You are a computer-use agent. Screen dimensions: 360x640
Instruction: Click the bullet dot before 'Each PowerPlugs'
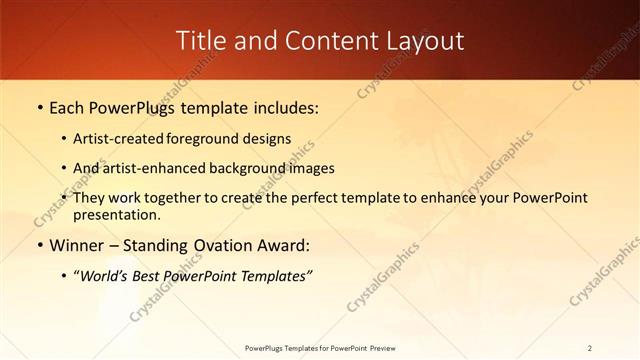[x=39, y=107]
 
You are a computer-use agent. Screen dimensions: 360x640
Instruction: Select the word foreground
[x=220, y=138]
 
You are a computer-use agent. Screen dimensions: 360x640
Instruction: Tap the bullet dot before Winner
[x=39, y=245]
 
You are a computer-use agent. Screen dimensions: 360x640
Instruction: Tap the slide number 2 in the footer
[x=590, y=347]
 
